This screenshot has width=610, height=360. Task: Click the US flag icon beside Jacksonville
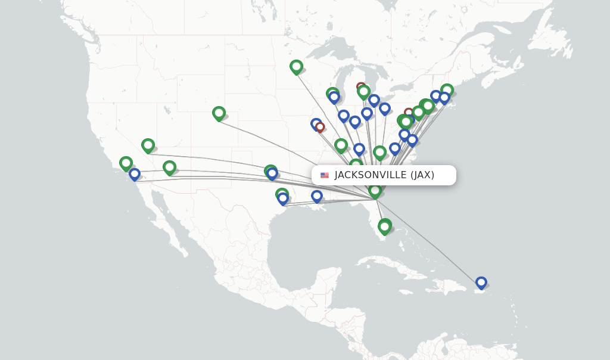325,175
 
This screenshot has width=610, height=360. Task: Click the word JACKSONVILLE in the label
370,175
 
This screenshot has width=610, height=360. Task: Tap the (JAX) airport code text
422,175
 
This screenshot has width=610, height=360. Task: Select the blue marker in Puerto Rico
481,283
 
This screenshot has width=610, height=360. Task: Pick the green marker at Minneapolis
296,66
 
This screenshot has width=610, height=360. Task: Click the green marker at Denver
219,113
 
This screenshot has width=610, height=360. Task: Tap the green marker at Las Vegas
148,145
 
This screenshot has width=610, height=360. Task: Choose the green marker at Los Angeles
126,163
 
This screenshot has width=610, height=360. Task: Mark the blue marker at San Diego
135,174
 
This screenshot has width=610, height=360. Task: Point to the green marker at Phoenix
169,167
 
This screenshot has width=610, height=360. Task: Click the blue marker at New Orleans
317,195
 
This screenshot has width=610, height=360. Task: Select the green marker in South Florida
385,226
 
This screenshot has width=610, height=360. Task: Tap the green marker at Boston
447,90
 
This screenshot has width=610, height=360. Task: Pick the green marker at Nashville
341,144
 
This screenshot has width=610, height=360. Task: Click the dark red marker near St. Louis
320,127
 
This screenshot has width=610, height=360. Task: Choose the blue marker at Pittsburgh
385,108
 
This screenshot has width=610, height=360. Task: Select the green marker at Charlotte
379,152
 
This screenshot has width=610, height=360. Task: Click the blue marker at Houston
283,198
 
